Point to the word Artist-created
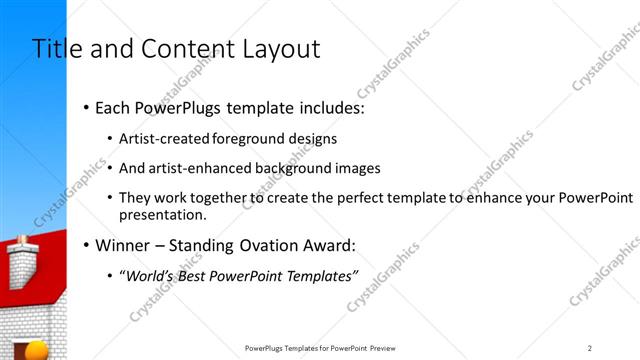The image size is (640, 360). pyautogui.click(x=161, y=139)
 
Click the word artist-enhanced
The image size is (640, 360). pyautogui.click(x=196, y=169)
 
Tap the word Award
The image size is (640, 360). pyautogui.click(x=325, y=245)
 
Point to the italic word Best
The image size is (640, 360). pyautogui.click(x=192, y=275)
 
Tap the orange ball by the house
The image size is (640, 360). pyautogui.click(x=37, y=350)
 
